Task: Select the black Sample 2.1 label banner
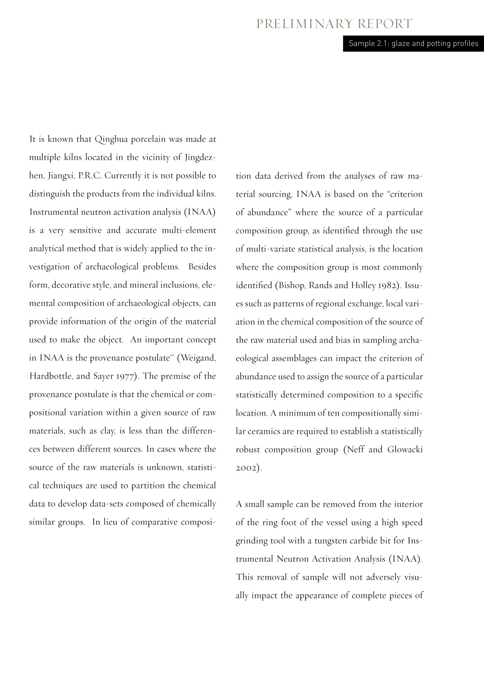click(x=413, y=44)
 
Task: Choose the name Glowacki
click(x=405, y=449)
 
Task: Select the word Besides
click(x=202, y=266)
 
